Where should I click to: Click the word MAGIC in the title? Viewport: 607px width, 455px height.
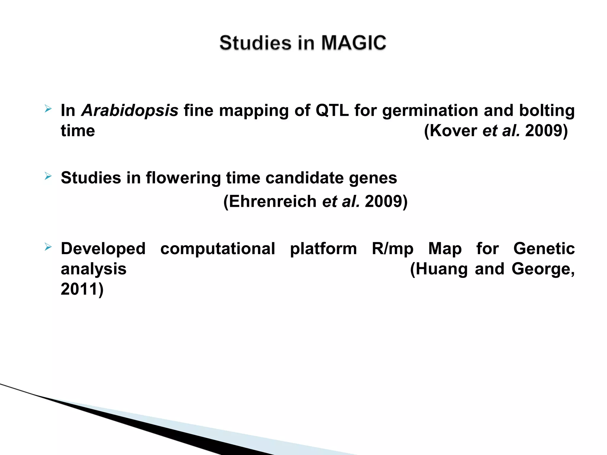(354, 43)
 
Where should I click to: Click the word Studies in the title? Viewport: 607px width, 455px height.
(255, 43)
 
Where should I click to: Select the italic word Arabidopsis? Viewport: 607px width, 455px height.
(130, 110)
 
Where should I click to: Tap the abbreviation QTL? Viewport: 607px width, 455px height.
(332, 110)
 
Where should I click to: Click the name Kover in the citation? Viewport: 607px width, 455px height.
(453, 131)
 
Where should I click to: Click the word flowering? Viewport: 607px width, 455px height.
(183, 178)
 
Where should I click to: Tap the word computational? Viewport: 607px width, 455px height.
(218, 249)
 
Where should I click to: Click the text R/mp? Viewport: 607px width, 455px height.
(392, 249)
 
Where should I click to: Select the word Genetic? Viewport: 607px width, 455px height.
(544, 249)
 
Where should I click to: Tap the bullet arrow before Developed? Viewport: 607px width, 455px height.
(48, 247)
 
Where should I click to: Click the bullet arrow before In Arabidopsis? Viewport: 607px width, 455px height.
(48, 109)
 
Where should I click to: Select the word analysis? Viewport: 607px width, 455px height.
(94, 269)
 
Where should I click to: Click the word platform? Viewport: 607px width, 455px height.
(323, 249)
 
